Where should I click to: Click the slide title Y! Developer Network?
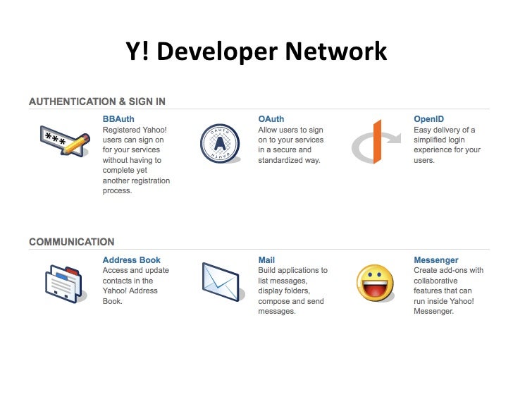[256, 51]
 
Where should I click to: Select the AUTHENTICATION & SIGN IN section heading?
[97, 102]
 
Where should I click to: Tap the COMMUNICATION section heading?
[72, 242]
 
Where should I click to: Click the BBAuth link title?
[118, 119]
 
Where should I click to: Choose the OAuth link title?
[271, 119]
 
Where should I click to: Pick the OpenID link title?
[428, 119]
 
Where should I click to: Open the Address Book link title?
[131, 260]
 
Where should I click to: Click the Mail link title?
[266, 260]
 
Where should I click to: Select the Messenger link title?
[436, 260]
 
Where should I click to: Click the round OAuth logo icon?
[219, 143]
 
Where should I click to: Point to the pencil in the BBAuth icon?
[77, 145]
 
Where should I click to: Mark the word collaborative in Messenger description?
[438, 281]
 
